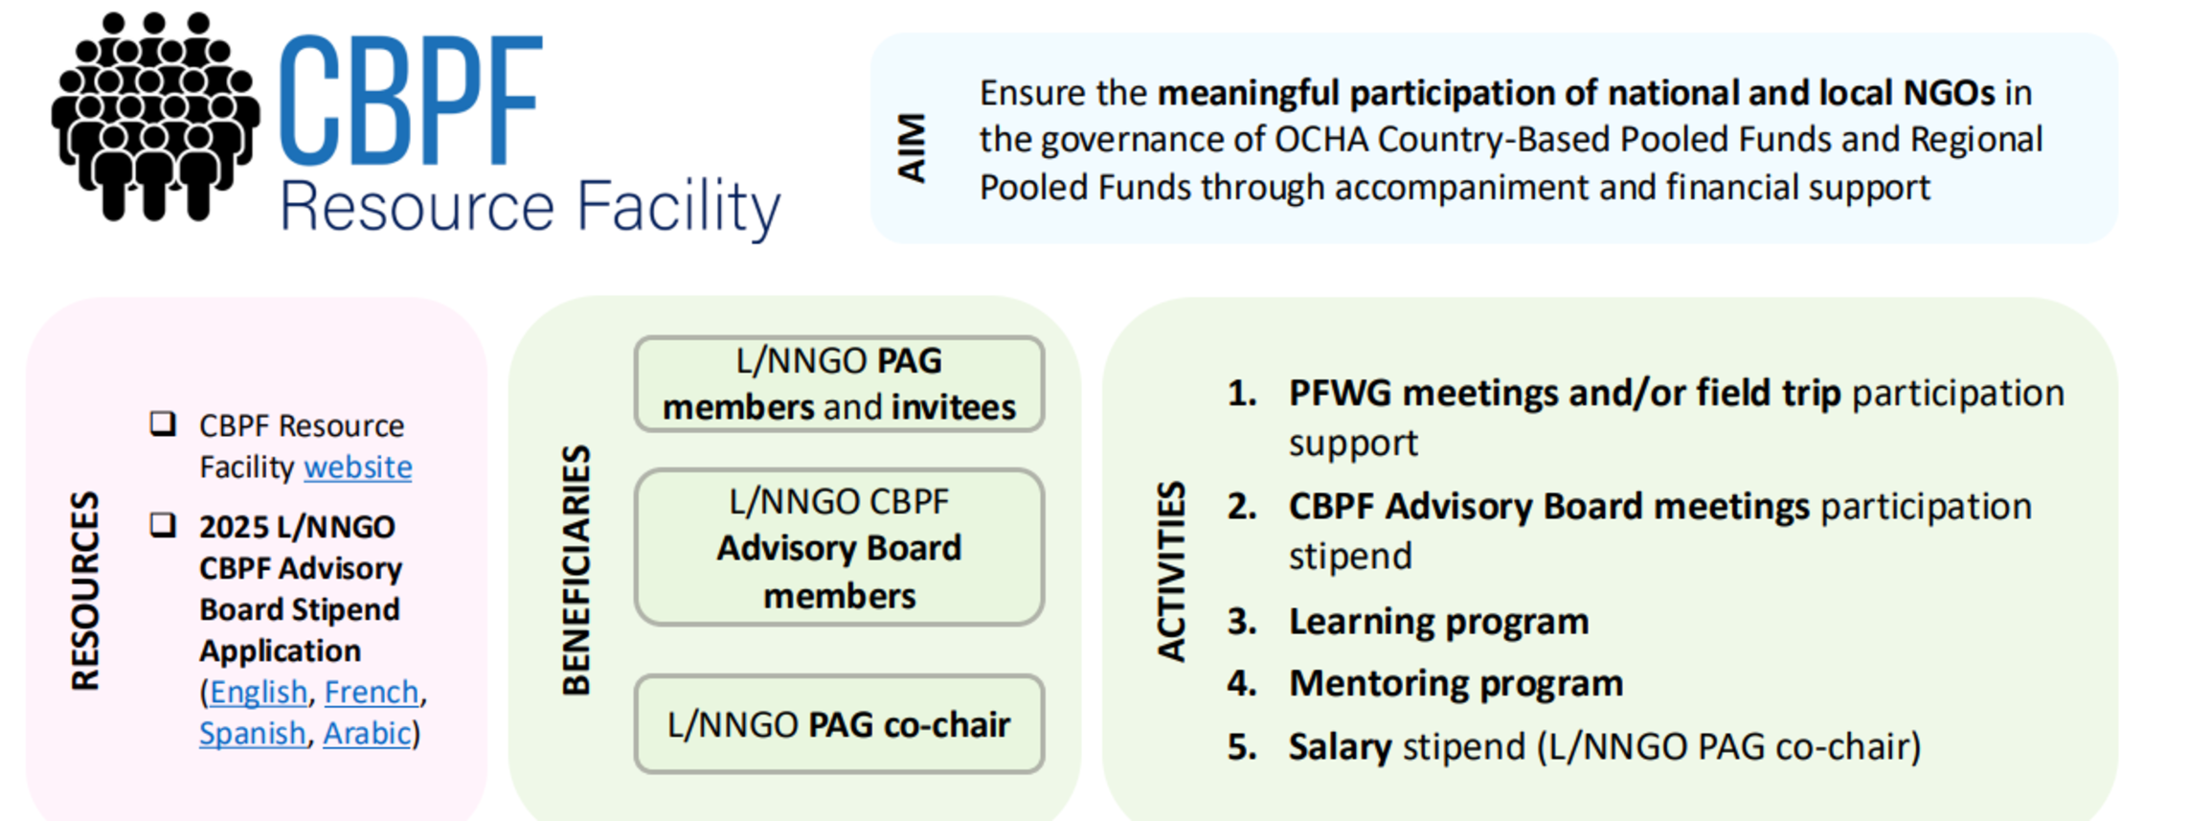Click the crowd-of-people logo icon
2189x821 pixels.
tap(155, 117)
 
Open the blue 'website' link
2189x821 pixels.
tap(358, 468)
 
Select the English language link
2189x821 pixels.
tap(259, 692)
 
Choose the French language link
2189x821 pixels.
tap(372, 692)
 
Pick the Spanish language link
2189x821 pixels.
tap(253, 733)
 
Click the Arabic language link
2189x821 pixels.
tap(367, 733)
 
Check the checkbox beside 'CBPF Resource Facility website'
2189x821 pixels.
tap(163, 423)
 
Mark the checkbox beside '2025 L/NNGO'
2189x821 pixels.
tap(163, 525)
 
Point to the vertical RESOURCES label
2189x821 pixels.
tap(85, 591)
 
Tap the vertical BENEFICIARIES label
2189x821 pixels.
tap(575, 570)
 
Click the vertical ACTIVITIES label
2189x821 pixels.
tap(1171, 571)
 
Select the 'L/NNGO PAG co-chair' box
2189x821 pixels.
tap(839, 724)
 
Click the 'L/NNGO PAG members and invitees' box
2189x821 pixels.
tap(839, 384)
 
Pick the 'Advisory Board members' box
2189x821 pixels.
tap(839, 548)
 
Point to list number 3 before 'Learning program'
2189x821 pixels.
tap(1242, 622)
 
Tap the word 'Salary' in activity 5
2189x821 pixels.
tap(1340, 747)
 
